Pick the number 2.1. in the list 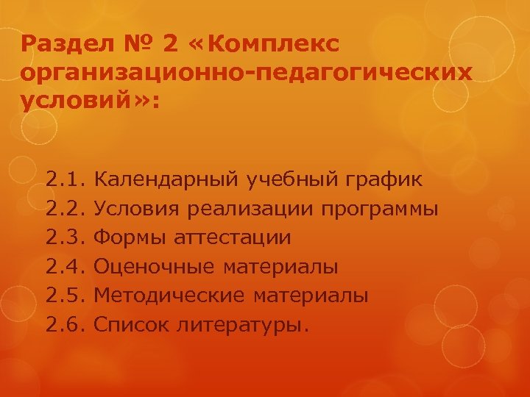tap(67, 179)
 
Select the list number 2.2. tap(67, 208)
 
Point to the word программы tap(380, 209)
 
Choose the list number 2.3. tap(67, 237)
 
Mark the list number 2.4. tap(67, 266)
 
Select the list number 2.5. tap(67, 296)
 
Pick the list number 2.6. tap(67, 324)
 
